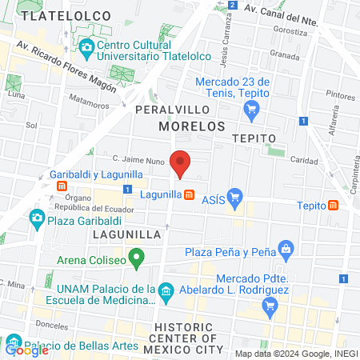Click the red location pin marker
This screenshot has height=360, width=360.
(x=181, y=163)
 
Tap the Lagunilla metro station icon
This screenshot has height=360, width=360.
(x=190, y=194)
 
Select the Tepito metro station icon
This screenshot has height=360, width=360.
(x=332, y=205)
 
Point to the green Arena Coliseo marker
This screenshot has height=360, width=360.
(x=137, y=258)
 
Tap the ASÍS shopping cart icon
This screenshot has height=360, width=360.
(x=234, y=195)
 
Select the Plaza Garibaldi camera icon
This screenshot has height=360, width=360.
(x=36, y=217)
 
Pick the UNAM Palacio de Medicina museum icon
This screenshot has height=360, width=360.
(x=166, y=290)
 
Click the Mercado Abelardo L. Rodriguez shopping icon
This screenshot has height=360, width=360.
(x=270, y=305)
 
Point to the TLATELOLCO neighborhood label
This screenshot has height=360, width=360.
(x=56, y=15)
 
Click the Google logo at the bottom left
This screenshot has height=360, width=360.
(x=26, y=350)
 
